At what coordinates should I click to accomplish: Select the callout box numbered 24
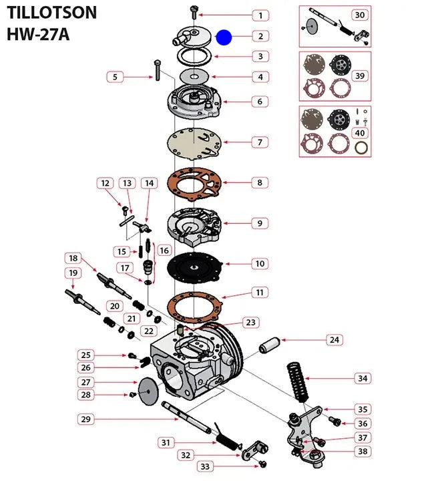point(335,340)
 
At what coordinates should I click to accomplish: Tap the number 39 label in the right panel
point(360,76)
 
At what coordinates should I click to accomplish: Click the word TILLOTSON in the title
point(51,13)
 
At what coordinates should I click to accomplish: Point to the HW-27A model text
point(38,33)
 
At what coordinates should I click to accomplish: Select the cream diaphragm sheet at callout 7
point(196,142)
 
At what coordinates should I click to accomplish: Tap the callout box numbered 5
point(115,77)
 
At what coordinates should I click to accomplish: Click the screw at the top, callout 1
point(193,11)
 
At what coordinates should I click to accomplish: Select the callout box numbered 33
point(204,466)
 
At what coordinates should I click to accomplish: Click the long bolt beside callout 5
point(157,70)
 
